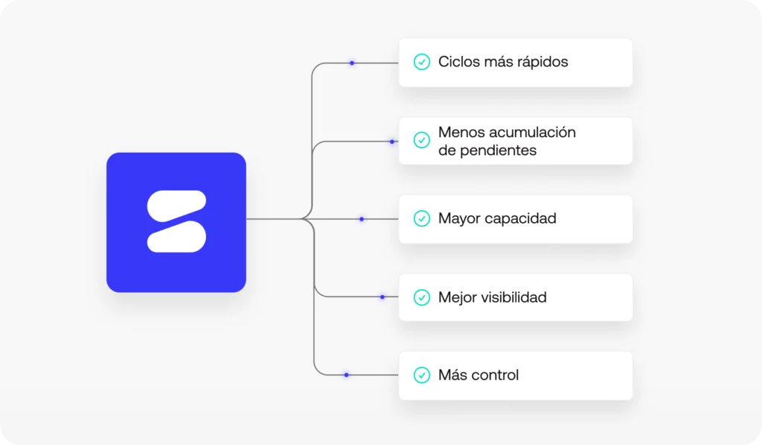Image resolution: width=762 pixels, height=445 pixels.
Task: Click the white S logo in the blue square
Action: [176, 221]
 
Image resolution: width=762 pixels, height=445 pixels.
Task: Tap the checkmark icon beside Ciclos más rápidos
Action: [422, 62]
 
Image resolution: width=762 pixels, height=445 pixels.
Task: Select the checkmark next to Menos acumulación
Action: [422, 140]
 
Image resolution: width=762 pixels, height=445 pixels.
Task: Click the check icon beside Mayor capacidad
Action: [422, 218]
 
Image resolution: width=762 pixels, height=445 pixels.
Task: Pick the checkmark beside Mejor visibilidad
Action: [422, 297]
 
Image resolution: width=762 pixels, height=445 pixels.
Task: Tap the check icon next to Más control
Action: [422, 374]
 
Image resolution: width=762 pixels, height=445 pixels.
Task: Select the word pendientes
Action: [499, 150]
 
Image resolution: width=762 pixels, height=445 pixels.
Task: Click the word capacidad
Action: [521, 218]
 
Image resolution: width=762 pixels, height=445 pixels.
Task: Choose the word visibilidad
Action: [511, 297]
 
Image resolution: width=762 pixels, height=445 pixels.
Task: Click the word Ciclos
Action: [458, 62]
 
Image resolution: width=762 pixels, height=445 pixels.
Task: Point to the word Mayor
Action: [459, 218]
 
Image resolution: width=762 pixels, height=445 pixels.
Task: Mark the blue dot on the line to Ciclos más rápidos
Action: [352, 63]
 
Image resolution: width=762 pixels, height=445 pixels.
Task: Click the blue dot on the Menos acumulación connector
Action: [392, 141]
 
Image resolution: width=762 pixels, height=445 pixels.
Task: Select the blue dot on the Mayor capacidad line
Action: [362, 219]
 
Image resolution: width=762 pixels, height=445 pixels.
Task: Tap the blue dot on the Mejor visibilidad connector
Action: [382, 297]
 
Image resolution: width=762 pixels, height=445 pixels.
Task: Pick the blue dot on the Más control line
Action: [346, 375]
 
